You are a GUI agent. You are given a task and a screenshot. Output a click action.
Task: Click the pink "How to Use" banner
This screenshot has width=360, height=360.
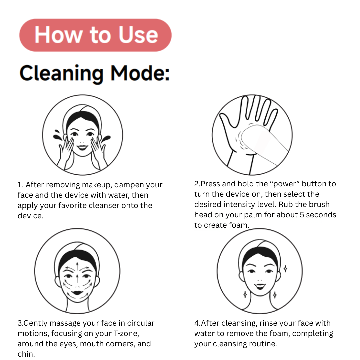(x=95, y=35)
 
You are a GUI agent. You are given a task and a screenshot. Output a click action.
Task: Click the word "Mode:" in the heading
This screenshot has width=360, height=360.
(x=140, y=73)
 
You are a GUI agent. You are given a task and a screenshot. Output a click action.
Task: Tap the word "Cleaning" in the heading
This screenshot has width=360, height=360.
(x=62, y=74)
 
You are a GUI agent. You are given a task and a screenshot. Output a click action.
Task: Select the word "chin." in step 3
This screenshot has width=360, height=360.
(x=26, y=354)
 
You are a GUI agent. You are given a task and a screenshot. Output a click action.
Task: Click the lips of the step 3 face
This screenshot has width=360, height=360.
(x=77, y=293)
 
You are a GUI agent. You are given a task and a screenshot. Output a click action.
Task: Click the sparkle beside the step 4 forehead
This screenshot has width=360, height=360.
(x=285, y=268)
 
